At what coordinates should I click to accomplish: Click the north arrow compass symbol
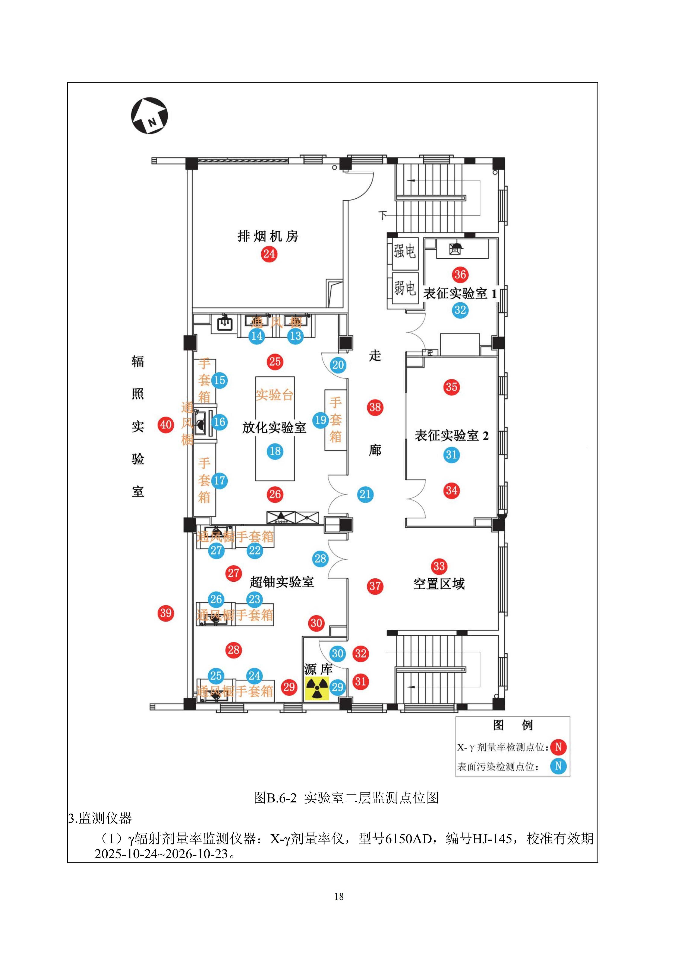point(149,116)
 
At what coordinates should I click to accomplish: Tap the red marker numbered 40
point(166,425)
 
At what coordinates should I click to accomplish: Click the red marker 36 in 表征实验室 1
point(460,275)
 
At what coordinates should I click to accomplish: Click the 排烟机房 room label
point(268,236)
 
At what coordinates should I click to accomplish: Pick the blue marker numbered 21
point(365,494)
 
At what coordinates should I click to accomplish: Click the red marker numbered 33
point(439,566)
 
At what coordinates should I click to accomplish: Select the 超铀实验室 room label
point(282,582)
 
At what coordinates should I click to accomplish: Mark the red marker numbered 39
point(166,613)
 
